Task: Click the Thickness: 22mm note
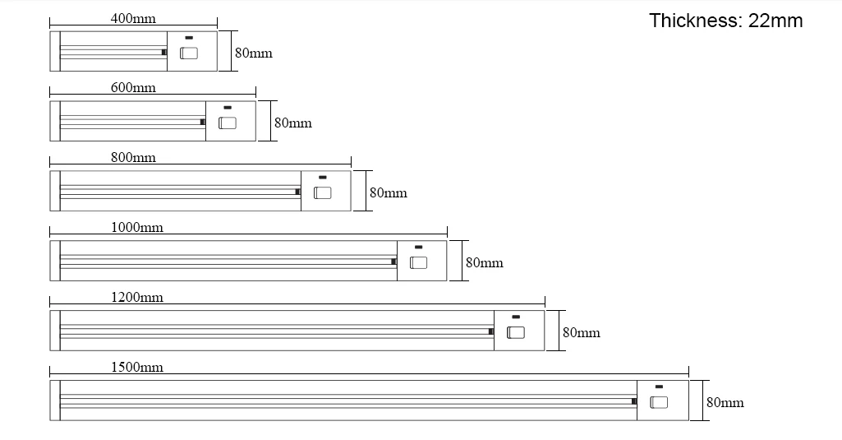[x=726, y=21]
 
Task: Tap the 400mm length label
[x=133, y=18]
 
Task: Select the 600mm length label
[x=133, y=88]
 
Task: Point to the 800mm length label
[x=133, y=158]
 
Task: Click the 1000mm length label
[x=137, y=228]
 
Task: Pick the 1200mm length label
[x=137, y=298]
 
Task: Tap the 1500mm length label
[x=137, y=368]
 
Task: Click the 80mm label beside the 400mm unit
[x=254, y=53]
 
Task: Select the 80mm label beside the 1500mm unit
[x=725, y=402]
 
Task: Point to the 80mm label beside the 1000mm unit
[x=485, y=262]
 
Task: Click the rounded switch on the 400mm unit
[x=188, y=53]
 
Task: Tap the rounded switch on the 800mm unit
[x=322, y=192]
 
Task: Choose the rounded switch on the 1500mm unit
[x=658, y=402]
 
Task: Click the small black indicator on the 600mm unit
[x=228, y=108]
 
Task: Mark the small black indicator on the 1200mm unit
[x=516, y=317]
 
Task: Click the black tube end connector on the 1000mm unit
[x=393, y=262]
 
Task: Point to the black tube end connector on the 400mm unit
[x=163, y=52]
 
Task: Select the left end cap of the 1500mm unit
[x=55, y=401]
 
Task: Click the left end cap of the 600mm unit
[x=55, y=121]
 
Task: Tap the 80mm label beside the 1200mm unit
[x=581, y=332]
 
